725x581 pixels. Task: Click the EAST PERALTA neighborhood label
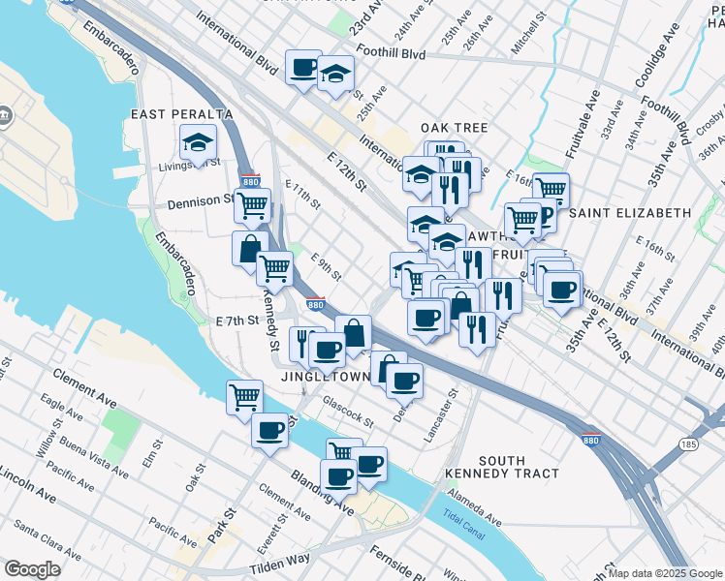(x=173, y=115)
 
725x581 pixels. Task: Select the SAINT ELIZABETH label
(x=630, y=212)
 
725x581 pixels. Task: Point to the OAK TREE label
(x=454, y=128)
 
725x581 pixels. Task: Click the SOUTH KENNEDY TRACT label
(x=502, y=467)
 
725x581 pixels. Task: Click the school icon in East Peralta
(x=198, y=144)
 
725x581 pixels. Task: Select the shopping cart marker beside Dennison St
(x=252, y=205)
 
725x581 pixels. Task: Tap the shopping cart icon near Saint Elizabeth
(x=551, y=190)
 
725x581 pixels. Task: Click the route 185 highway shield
(x=688, y=443)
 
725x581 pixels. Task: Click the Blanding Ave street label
(x=324, y=491)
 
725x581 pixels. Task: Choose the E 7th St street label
(x=238, y=320)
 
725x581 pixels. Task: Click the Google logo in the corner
(x=32, y=569)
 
